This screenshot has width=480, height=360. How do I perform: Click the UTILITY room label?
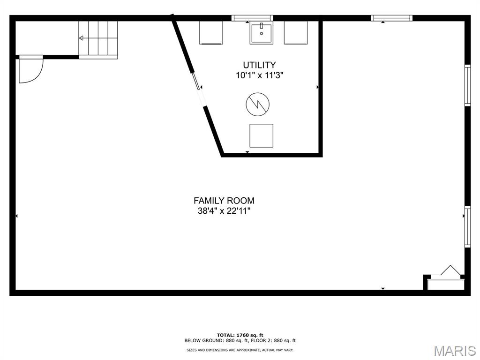click(259, 65)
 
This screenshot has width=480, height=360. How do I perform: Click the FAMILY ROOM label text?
click(224, 201)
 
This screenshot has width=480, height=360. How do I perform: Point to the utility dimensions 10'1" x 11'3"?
click(259, 75)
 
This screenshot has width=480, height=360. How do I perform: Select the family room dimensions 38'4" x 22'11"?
click(224, 211)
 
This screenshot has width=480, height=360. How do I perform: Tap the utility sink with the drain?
click(261, 33)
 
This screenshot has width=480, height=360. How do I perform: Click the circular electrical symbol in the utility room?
click(258, 104)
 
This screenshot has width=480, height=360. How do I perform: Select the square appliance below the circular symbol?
click(261, 135)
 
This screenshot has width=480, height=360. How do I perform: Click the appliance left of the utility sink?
click(211, 33)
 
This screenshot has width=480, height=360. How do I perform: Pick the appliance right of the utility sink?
click(296, 33)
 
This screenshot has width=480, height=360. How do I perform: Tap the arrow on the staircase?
click(82, 38)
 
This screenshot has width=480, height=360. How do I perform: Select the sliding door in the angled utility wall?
click(199, 89)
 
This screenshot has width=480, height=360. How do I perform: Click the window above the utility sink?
click(252, 18)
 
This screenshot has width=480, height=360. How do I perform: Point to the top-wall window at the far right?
click(392, 18)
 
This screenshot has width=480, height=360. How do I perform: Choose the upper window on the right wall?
click(467, 85)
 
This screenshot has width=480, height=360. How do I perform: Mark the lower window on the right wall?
click(467, 227)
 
